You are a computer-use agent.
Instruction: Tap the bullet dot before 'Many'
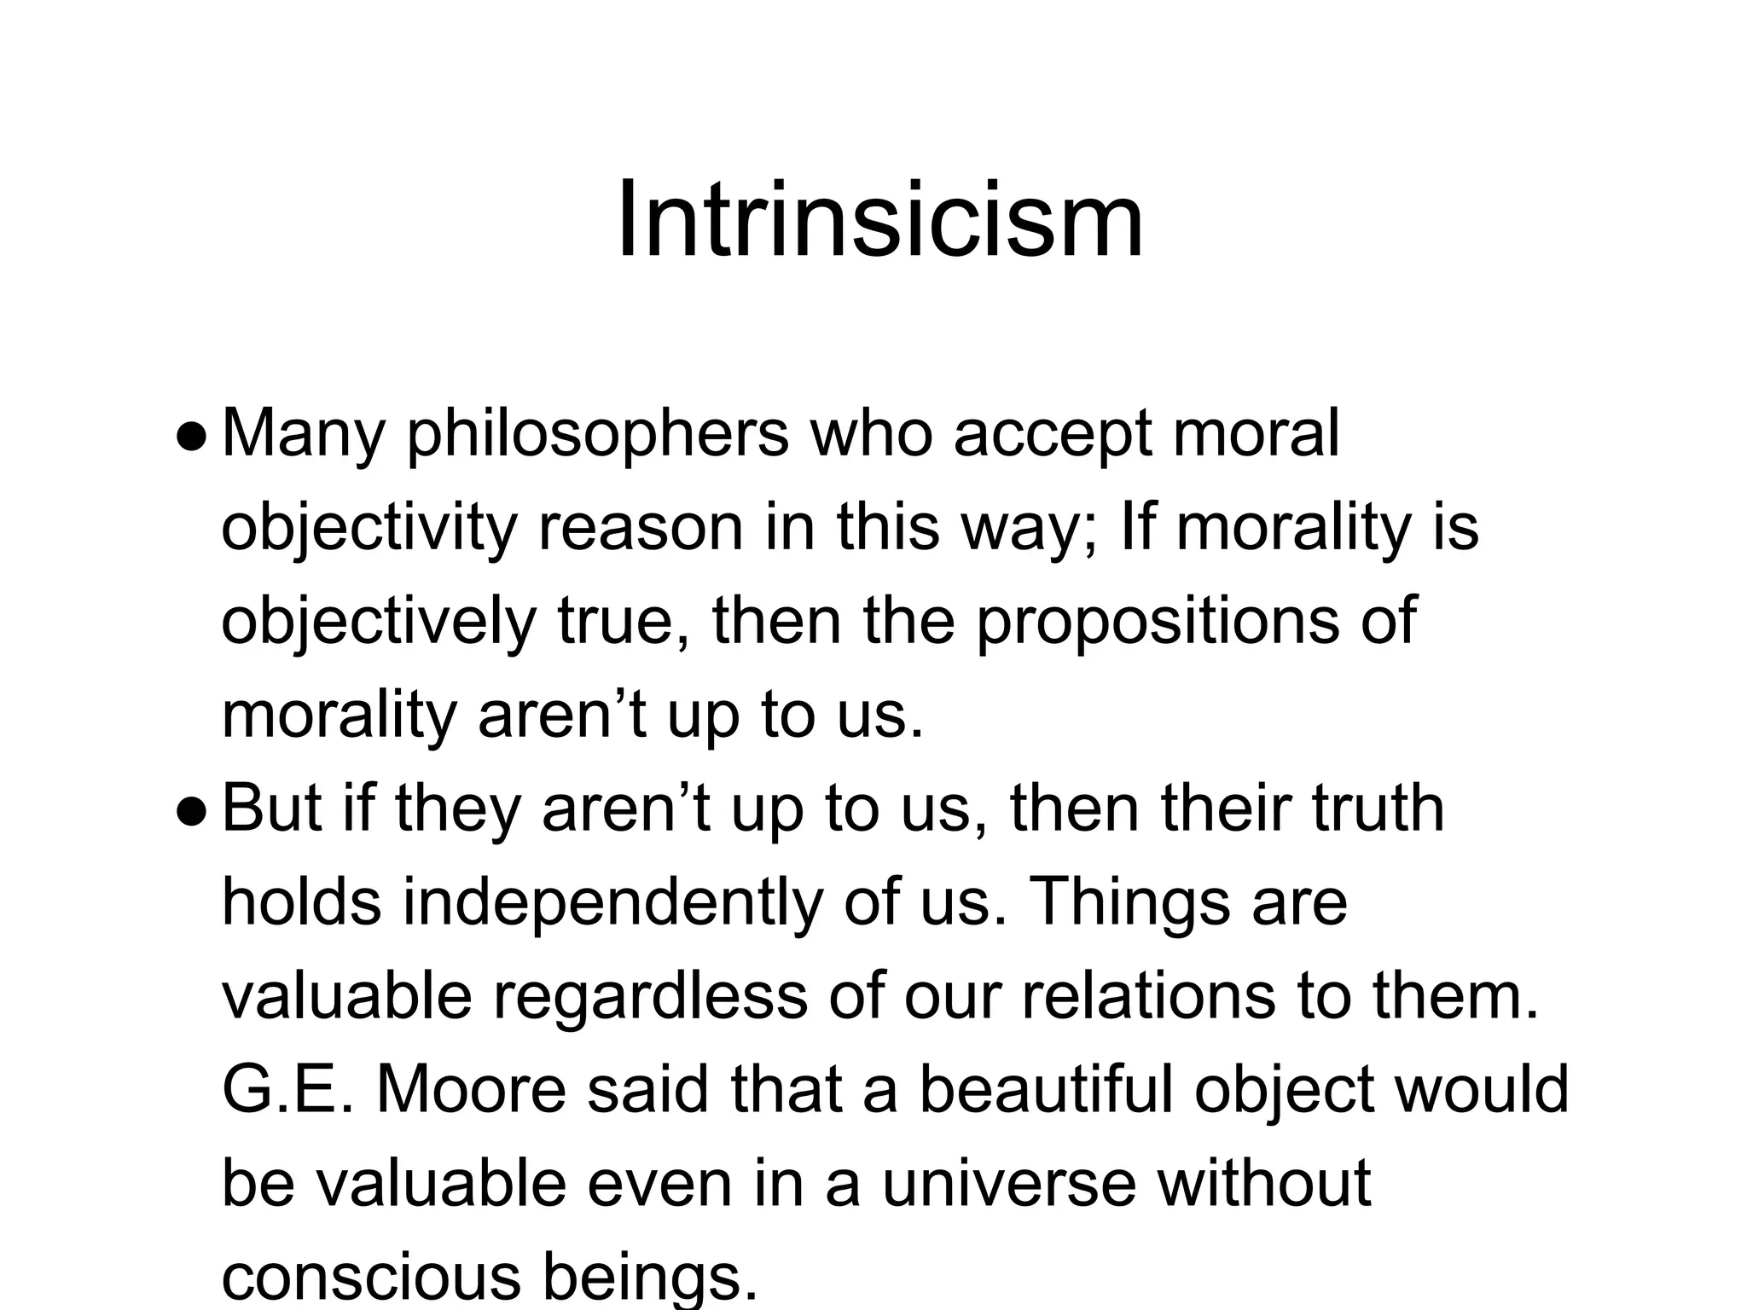tap(190, 438)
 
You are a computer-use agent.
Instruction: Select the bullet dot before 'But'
tap(190, 813)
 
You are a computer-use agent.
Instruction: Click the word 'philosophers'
tap(597, 435)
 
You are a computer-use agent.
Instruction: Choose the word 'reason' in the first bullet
tap(640, 529)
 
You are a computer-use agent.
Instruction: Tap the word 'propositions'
tap(1156, 623)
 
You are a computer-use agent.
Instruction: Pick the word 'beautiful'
tap(1046, 1091)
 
